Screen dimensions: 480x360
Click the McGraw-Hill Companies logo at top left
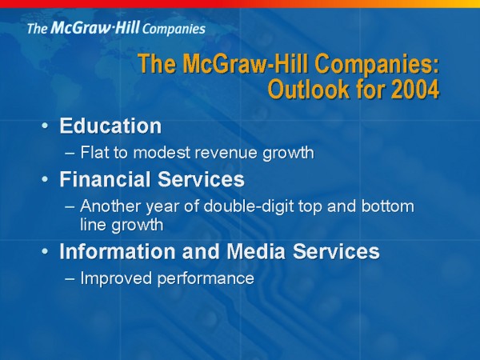pyautogui.click(x=116, y=28)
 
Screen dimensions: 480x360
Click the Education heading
pyautogui.click(x=110, y=126)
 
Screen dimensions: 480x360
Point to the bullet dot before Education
pyautogui.click(x=45, y=126)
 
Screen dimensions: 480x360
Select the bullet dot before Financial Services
pyautogui.click(x=45, y=179)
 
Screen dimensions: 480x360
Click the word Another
pyautogui.click(x=110, y=206)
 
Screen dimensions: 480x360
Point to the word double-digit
pyautogui.click(x=248, y=206)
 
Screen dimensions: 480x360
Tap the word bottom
pyautogui.click(x=387, y=206)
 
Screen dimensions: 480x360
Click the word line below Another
pyautogui.click(x=93, y=224)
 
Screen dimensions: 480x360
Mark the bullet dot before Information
pyautogui.click(x=45, y=251)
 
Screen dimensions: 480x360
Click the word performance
pyautogui.click(x=206, y=278)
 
